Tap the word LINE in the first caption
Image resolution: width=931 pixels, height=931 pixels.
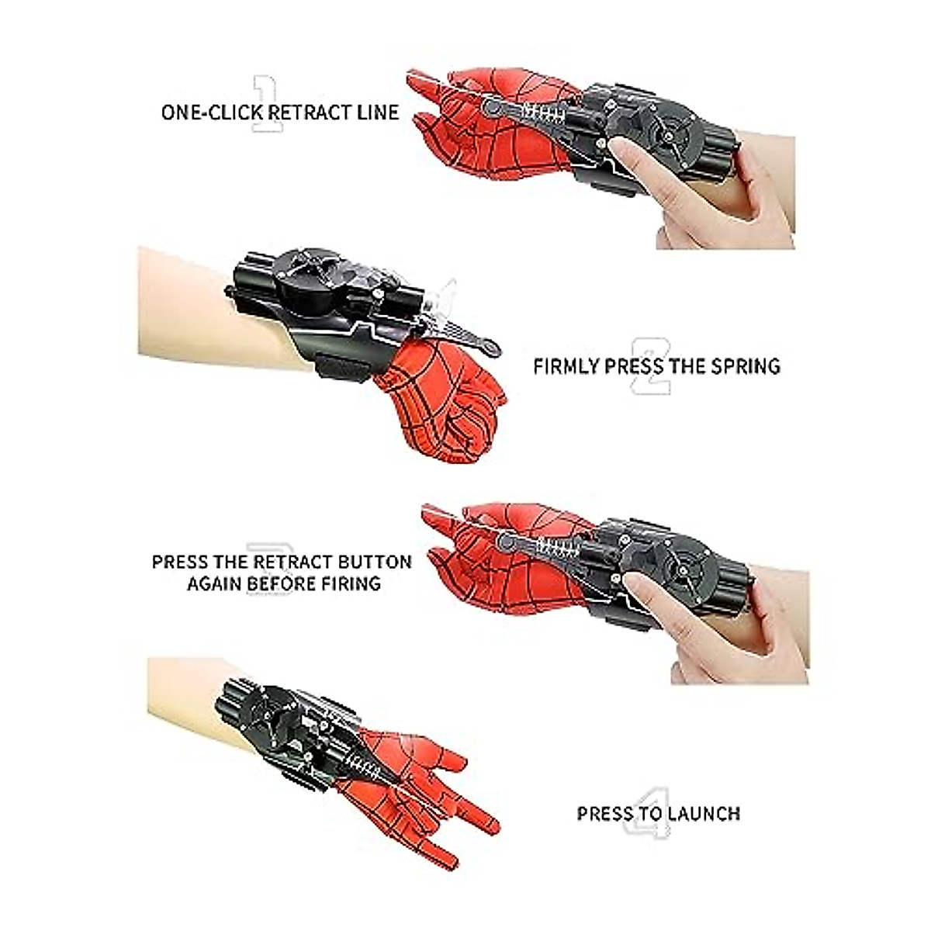click(x=376, y=112)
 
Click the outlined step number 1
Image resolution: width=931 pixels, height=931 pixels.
click(x=266, y=104)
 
